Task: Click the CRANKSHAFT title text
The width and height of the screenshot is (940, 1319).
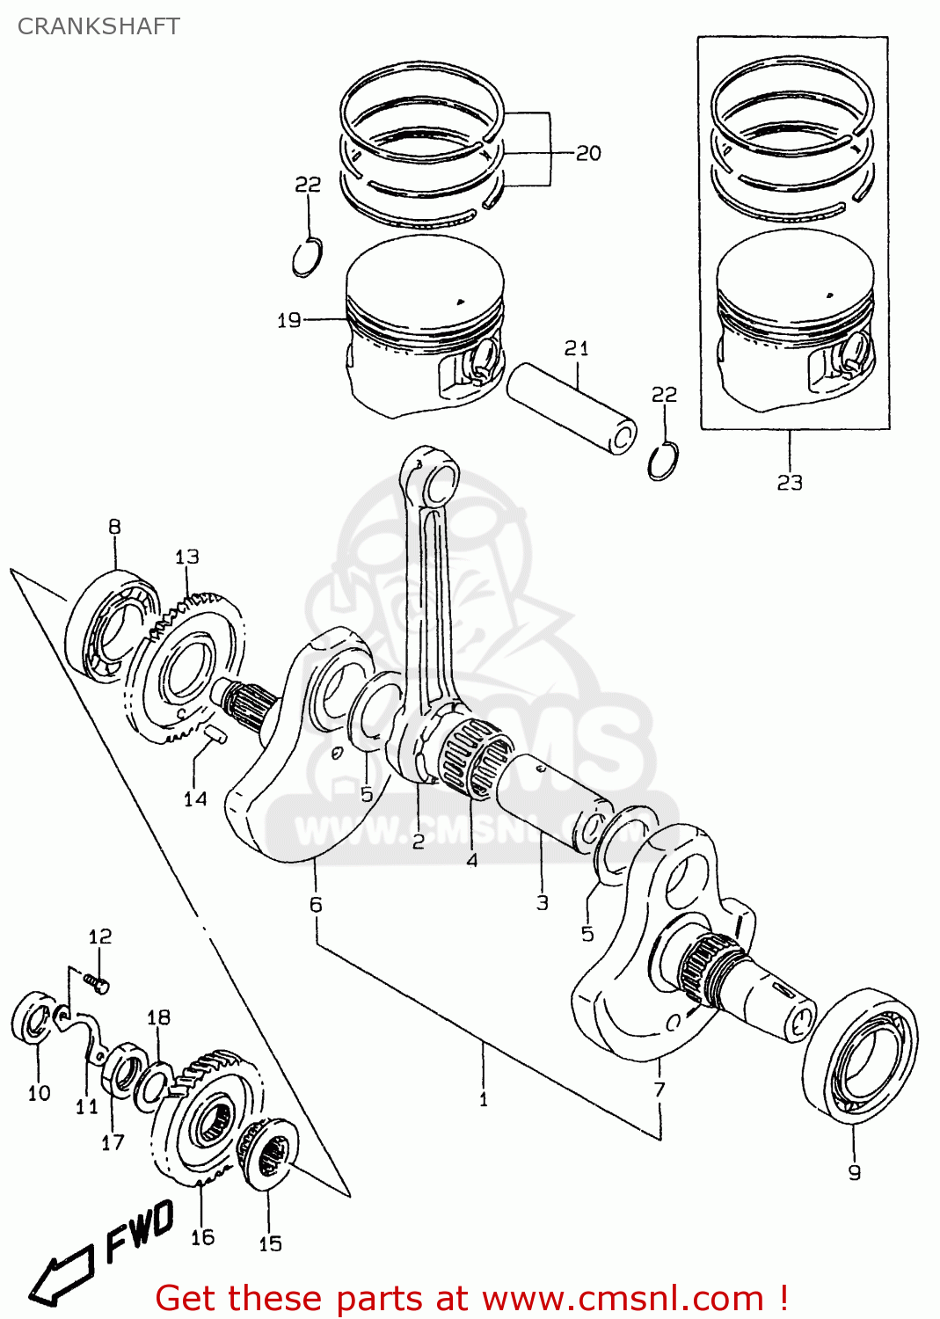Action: coord(98,26)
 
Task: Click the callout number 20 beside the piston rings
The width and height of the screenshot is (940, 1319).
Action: coord(588,153)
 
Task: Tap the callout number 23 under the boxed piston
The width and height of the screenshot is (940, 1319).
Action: coord(790,482)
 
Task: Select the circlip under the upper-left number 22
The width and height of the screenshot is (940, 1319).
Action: coord(307,258)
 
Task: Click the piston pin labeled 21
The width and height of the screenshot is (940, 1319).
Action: coord(572,409)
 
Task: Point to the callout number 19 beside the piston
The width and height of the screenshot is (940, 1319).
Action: coord(289,320)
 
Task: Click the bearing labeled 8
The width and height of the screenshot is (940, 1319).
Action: coord(112,625)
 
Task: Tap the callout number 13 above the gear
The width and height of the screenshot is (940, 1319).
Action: coord(187,557)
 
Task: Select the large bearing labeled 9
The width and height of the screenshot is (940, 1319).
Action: coord(860,1055)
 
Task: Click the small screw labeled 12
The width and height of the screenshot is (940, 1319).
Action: coord(97,982)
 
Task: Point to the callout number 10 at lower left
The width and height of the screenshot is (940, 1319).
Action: coord(40,1093)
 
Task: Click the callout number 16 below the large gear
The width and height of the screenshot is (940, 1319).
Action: coord(202,1237)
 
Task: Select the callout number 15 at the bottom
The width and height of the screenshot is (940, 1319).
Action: coord(270,1243)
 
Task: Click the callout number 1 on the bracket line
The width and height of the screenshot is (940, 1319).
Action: coord(483,1099)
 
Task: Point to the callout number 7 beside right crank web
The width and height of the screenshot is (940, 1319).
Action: coord(659,1089)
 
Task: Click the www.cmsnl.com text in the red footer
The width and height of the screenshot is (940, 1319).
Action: coord(623,1299)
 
